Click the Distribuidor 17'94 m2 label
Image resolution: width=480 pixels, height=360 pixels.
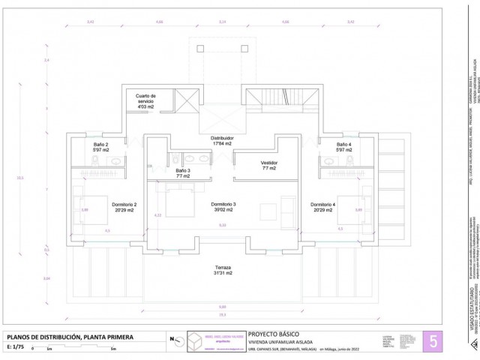click(x=222, y=142)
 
